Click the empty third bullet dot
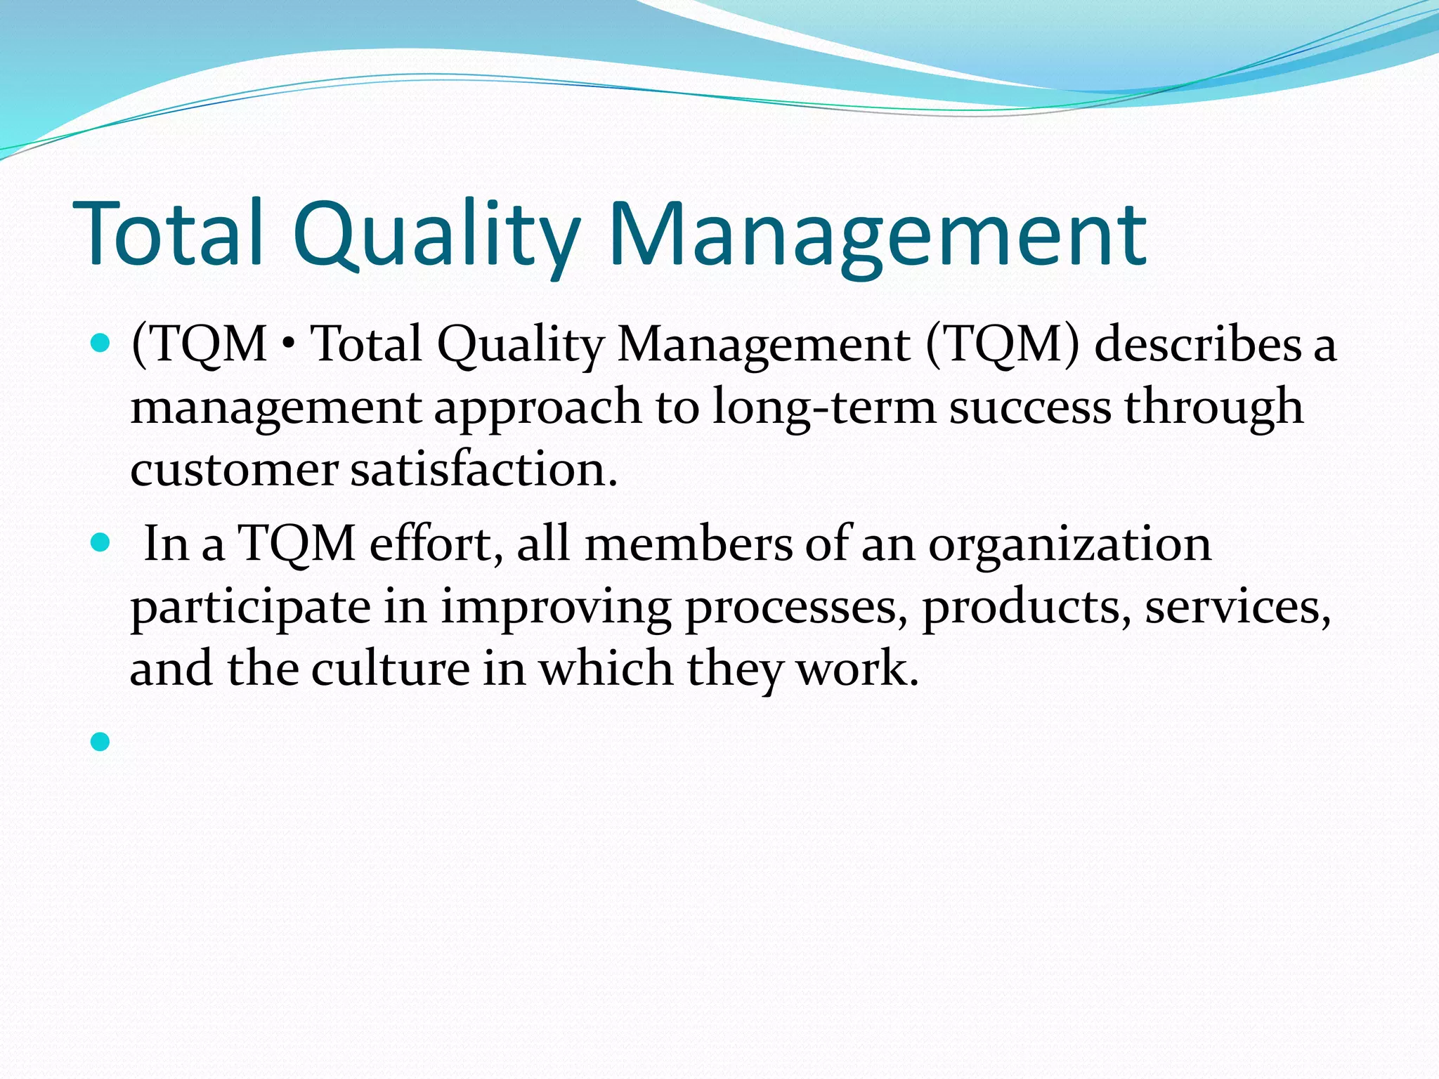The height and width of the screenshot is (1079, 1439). coord(100,741)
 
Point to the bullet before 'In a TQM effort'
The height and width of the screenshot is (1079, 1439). coord(100,542)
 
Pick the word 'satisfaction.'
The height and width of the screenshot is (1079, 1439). coord(484,469)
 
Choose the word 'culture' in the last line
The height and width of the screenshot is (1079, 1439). coord(391,668)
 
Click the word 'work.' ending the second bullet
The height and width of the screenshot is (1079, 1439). coord(857,668)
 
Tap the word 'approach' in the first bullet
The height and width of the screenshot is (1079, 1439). coord(538,408)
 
